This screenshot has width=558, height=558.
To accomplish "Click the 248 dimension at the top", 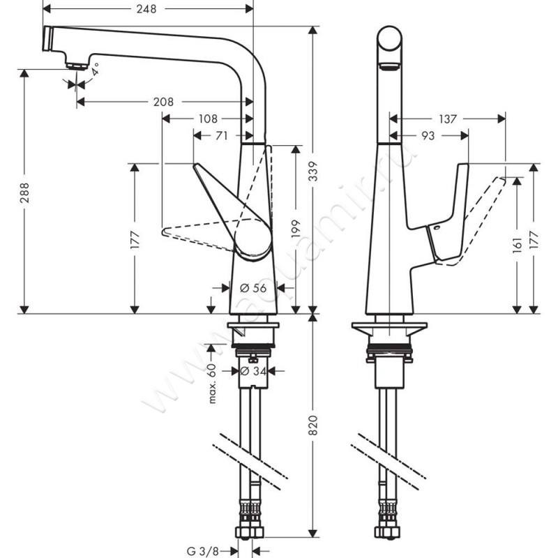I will pyautogui.click(x=146, y=9).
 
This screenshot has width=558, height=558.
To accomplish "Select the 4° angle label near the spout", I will pyautogui.click(x=95, y=69).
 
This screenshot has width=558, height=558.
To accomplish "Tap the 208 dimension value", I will pyautogui.click(x=163, y=102).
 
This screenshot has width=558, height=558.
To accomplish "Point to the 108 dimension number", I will pyautogui.click(x=207, y=119).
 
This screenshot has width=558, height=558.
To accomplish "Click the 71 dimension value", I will pyautogui.click(x=221, y=136).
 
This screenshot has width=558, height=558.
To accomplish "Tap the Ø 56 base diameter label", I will pyautogui.click(x=253, y=287).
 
